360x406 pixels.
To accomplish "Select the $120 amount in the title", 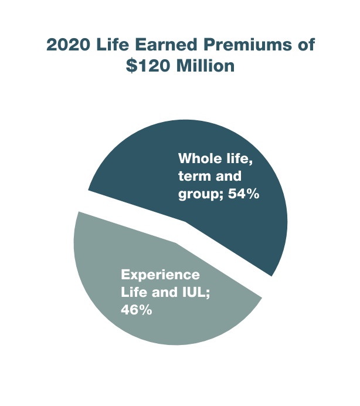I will point(149,66).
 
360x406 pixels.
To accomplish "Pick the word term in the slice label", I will point(194,176).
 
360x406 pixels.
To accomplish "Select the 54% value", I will point(242,194).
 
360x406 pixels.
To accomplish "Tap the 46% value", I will point(137,310).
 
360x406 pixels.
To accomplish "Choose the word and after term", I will point(230,176).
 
